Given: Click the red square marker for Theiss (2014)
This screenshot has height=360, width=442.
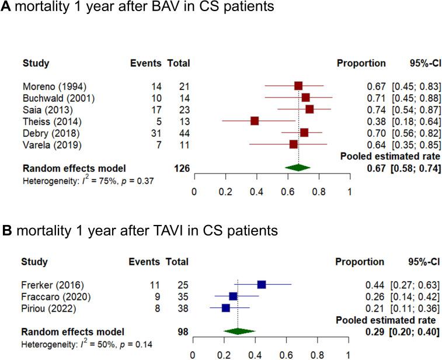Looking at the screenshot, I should click(254, 121).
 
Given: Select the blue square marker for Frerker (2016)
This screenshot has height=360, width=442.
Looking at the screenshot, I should click(262, 285).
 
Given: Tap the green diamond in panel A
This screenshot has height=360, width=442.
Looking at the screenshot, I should click(298, 168).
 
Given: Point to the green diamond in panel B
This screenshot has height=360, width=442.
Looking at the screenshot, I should click(239, 331).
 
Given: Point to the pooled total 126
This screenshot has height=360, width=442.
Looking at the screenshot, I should click(182, 168).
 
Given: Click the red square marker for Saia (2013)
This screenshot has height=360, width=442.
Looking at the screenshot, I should click(309, 109).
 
